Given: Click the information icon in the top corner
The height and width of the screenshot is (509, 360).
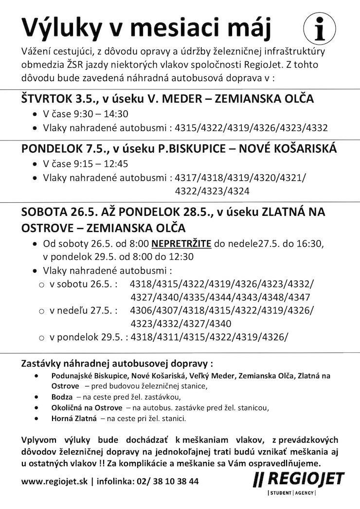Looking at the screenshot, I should (x=320, y=28).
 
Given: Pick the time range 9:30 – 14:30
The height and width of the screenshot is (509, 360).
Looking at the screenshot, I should (x=86, y=114).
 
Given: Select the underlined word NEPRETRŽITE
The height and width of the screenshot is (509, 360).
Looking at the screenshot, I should (x=181, y=243).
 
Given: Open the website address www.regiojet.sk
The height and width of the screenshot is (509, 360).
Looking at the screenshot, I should (x=54, y=481).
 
